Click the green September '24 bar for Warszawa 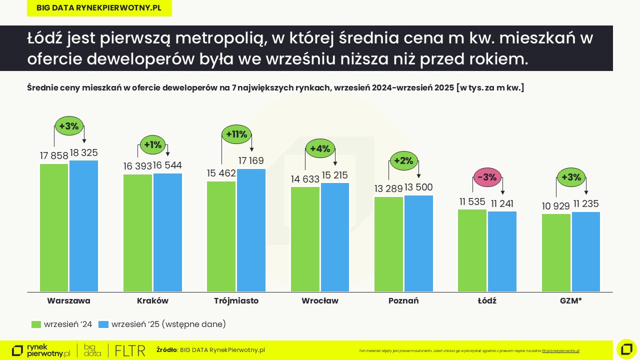pos(54,227)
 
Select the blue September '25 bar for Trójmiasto pos(251,230)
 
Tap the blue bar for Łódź pos(502,251)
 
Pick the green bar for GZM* pos(556,252)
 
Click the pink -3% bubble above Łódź pos(487,177)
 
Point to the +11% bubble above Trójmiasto pos(236,134)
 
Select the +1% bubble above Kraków pos(153,145)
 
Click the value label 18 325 pos(84,153)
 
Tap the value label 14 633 pos(305,179)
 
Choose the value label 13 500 pos(418,187)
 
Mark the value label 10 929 pos(556,206)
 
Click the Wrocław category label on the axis pos(320,301)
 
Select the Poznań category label pos(403,301)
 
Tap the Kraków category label pos(152,301)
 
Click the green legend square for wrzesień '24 pos(36,324)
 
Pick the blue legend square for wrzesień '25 pos(103,324)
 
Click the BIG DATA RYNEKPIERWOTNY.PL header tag pos(99,8)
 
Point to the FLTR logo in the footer pos(130,350)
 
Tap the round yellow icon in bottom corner pos(626,349)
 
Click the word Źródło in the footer pos(166,350)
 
